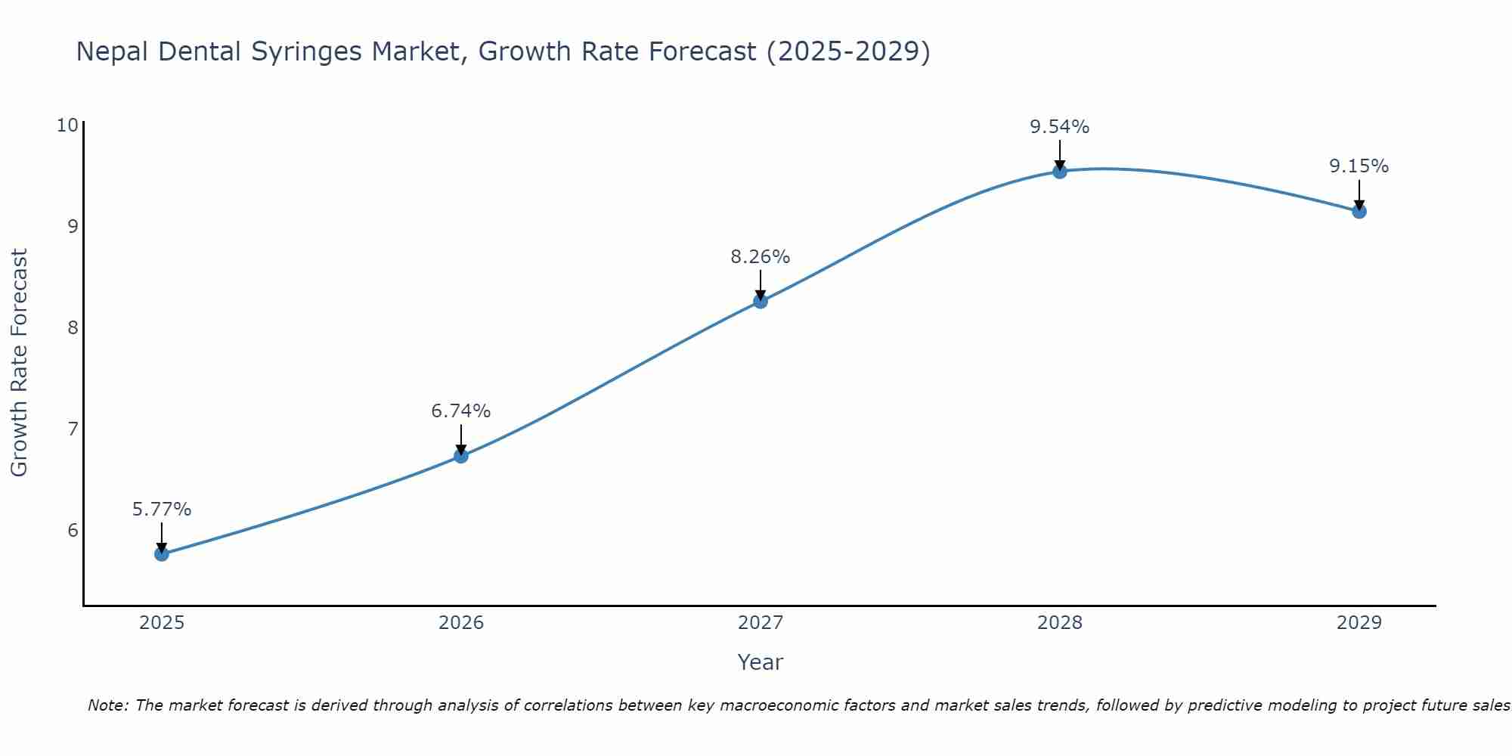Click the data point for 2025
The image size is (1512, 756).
(x=162, y=554)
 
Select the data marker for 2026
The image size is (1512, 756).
(x=461, y=456)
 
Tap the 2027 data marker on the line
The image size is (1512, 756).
(x=761, y=302)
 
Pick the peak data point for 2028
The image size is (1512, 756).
(x=1060, y=172)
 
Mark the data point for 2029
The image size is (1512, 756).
(x=1359, y=212)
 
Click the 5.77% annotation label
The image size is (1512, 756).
(x=162, y=510)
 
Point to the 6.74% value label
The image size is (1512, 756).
(x=461, y=411)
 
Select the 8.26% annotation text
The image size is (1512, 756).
(x=761, y=257)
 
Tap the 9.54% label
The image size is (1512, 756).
(x=1060, y=127)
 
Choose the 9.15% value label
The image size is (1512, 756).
(x=1359, y=166)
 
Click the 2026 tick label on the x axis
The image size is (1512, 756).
(x=461, y=623)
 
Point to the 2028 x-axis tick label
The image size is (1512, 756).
(x=1060, y=623)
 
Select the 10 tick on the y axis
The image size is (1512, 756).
(x=67, y=125)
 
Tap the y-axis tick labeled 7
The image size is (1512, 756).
(x=73, y=429)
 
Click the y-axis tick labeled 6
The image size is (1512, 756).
(x=73, y=530)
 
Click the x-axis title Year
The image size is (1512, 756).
(x=761, y=662)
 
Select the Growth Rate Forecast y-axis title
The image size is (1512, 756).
(x=20, y=363)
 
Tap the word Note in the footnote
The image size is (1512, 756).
(x=109, y=706)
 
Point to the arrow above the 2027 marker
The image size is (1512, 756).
(x=761, y=284)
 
